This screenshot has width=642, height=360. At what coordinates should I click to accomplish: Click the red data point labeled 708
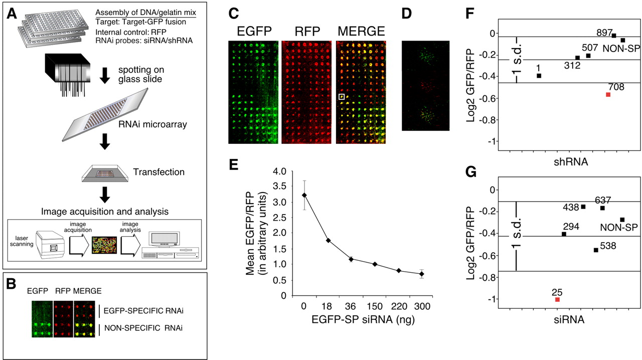[608, 94]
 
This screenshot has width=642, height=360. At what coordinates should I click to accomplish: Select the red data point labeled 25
[557, 299]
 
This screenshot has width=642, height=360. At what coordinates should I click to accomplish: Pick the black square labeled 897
[614, 36]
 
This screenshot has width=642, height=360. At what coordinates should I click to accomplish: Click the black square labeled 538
[596, 250]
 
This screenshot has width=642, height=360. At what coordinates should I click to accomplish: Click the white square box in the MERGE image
[342, 96]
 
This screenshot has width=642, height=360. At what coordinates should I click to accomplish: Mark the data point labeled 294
[564, 234]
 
